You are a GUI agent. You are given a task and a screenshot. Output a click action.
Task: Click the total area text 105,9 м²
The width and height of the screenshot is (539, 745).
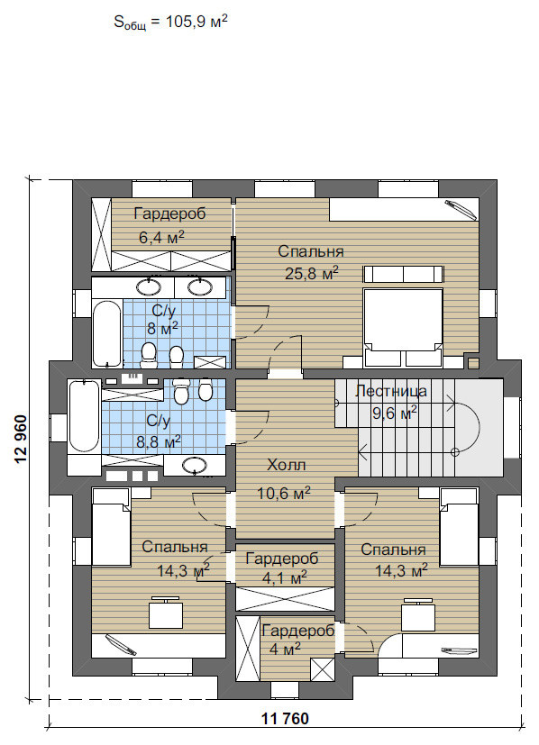(x=196, y=22)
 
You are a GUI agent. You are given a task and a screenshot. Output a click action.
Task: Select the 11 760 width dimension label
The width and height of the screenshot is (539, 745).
(x=285, y=719)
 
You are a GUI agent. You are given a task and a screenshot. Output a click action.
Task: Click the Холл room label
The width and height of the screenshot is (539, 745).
(x=286, y=465)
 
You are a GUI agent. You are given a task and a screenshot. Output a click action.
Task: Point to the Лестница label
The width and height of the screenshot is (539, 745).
(x=391, y=391)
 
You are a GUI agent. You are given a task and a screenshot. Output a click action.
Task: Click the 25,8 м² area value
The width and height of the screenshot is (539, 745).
(x=311, y=273)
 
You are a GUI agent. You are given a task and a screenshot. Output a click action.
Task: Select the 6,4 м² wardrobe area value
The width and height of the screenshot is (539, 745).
(x=161, y=237)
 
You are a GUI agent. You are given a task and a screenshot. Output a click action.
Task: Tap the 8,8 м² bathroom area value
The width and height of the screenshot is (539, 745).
(x=159, y=443)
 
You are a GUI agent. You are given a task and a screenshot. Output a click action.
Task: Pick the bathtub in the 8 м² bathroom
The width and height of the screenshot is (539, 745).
(x=107, y=333)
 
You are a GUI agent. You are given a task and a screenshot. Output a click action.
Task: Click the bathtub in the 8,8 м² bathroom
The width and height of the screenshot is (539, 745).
(x=84, y=417)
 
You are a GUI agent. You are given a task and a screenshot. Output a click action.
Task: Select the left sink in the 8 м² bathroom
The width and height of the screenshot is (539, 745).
(x=150, y=286)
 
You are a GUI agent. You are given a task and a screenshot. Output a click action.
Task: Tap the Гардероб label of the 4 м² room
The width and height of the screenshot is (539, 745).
(x=298, y=631)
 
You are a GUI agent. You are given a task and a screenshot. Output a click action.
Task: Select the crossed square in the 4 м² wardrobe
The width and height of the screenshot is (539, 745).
(x=323, y=670)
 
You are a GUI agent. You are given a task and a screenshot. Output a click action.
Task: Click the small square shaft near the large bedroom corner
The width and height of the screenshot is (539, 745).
(x=473, y=363)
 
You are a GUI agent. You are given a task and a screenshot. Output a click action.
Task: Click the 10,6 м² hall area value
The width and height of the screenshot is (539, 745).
(x=284, y=493)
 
